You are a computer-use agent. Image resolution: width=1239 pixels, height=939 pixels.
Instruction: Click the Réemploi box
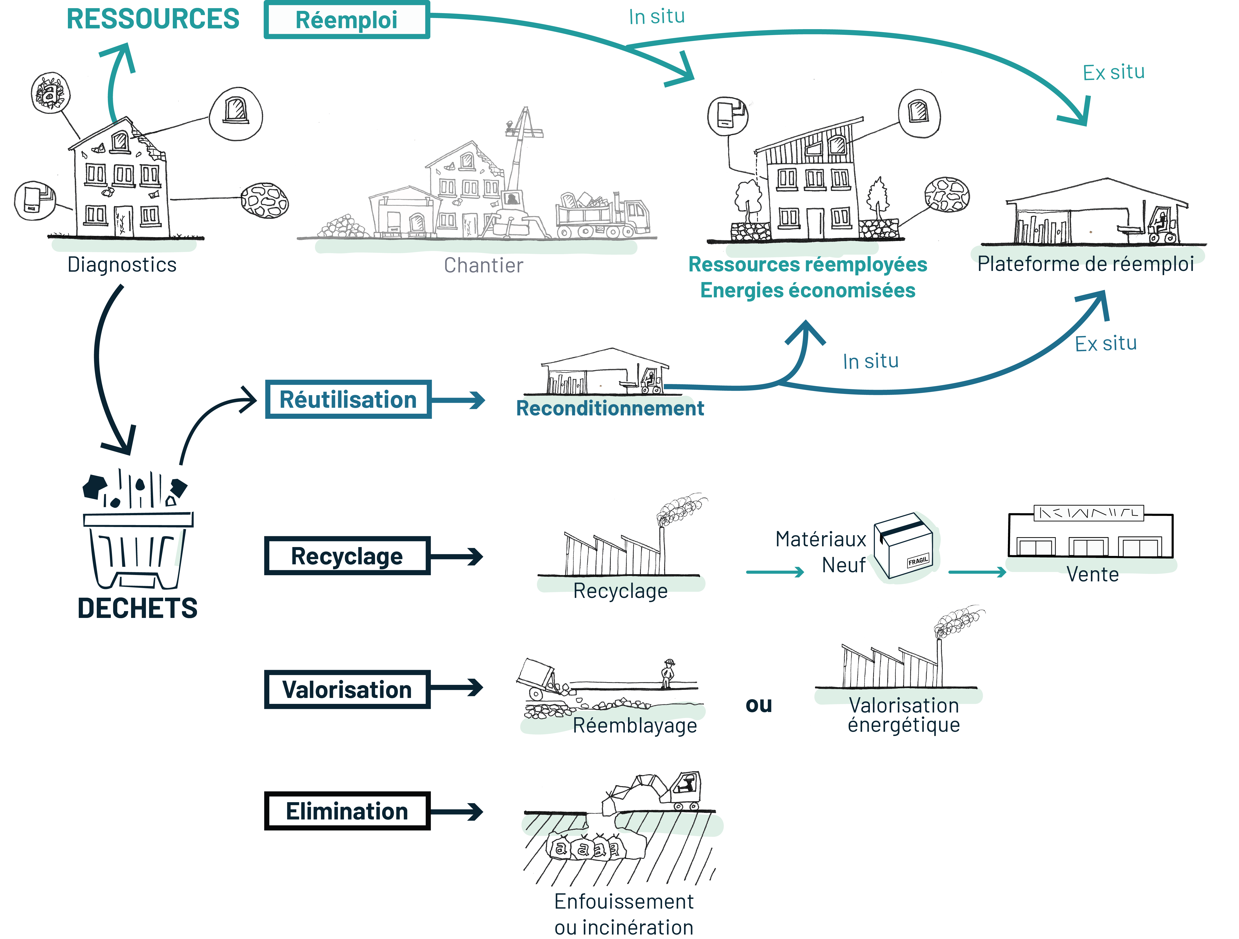pyautogui.click(x=347, y=20)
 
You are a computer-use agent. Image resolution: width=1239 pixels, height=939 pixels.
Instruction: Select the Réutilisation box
pyautogui.click(x=348, y=399)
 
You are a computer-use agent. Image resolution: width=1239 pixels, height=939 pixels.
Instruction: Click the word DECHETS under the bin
pyautogui.click(x=137, y=608)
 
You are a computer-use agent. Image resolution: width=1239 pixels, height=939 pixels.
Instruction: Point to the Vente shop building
pyautogui.click(x=1090, y=535)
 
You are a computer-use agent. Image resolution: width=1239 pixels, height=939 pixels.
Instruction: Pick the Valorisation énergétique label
pyautogui.click(x=904, y=714)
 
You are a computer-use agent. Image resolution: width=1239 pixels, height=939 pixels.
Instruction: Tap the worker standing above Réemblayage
pyautogui.click(x=668, y=673)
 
